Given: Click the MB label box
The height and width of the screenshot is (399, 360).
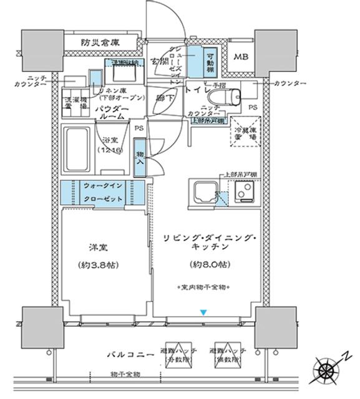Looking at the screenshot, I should pyautogui.click(x=240, y=57).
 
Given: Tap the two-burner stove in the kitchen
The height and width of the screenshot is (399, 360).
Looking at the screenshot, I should pyautogui.click(x=243, y=193).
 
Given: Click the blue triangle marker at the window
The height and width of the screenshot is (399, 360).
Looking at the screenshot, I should pyautogui.click(x=202, y=312).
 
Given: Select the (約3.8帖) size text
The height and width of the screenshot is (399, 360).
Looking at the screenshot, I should pyautogui.click(x=100, y=264).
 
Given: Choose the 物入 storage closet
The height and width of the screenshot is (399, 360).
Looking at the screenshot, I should pyautogui.click(x=140, y=161).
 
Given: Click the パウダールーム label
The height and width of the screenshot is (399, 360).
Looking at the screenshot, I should pyautogui.click(x=112, y=113).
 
